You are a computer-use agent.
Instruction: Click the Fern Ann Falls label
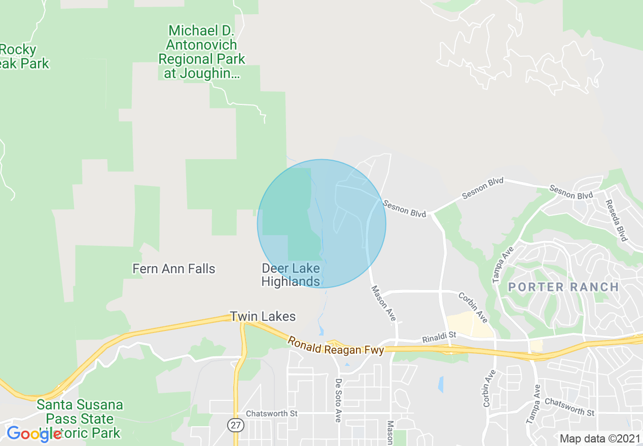click(x=174, y=269)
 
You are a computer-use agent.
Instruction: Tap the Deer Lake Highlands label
click(x=291, y=275)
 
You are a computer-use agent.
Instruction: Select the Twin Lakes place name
click(x=263, y=317)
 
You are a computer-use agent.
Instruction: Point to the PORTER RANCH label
click(x=563, y=287)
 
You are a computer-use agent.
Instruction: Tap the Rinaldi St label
click(x=440, y=337)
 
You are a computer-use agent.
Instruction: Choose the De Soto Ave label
click(x=338, y=400)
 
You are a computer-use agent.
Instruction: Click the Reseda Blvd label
click(x=616, y=220)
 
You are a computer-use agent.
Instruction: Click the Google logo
click(x=34, y=434)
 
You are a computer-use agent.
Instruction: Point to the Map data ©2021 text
click(x=598, y=438)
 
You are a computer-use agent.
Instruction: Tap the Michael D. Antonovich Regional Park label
click(x=202, y=52)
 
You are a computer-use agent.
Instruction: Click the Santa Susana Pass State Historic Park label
click(x=80, y=419)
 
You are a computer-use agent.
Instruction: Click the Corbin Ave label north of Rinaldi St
click(x=473, y=307)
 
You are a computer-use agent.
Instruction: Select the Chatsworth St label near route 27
click(x=271, y=414)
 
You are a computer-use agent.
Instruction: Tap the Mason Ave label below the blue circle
click(x=383, y=303)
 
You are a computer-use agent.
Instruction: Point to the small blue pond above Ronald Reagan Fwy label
click(x=321, y=331)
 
